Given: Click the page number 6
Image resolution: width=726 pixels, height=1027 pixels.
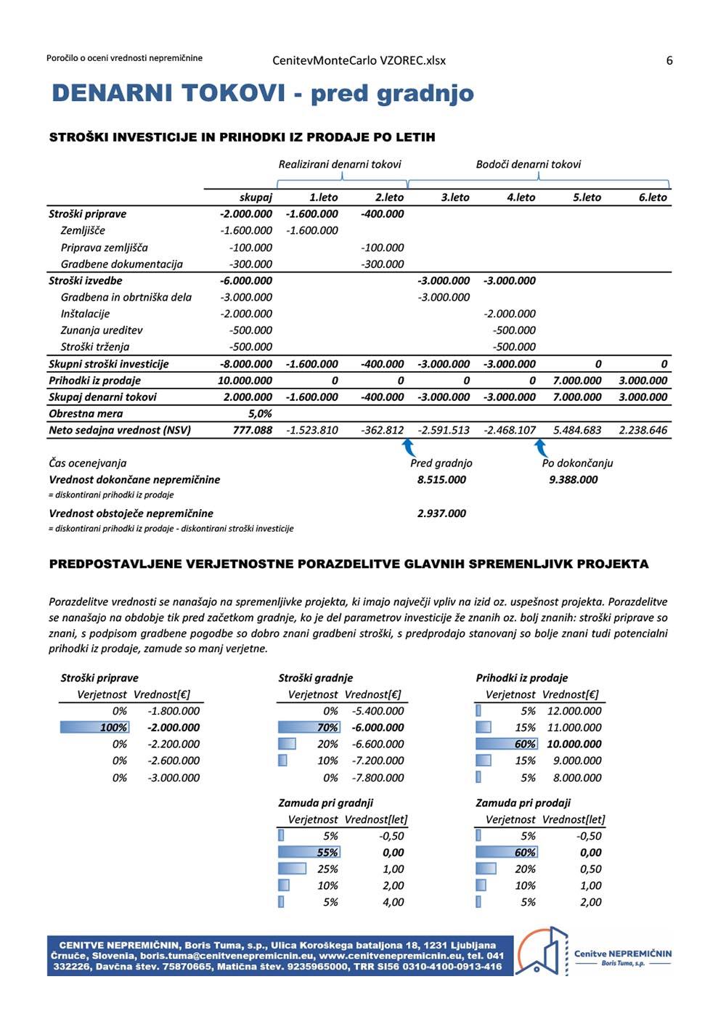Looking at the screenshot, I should pos(669,60).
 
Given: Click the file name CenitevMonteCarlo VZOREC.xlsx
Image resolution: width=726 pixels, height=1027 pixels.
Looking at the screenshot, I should pos(359,60).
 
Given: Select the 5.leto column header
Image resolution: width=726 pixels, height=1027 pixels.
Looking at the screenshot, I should pos(587,197).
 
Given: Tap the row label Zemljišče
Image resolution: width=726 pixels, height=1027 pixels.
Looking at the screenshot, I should pos(83,230).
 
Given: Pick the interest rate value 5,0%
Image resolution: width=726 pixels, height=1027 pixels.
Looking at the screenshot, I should pos(260,413).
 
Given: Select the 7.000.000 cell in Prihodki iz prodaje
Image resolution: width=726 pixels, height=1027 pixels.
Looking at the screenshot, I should pos(577,381).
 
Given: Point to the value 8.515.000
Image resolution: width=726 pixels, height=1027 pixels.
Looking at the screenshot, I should pos(441,479).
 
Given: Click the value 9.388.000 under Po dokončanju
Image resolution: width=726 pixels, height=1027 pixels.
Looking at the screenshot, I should pos(574,479).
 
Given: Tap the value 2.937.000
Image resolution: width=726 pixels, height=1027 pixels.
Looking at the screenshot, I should pos(441,513).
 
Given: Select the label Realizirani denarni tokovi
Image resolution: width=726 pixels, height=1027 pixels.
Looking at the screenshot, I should pos(340,164).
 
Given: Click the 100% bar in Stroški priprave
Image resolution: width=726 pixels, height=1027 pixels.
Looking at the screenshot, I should pos(94,728).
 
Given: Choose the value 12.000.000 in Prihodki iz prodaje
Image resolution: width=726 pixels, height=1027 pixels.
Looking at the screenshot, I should pos(574,711).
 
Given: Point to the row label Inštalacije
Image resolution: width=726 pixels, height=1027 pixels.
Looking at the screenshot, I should pos(85,314).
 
